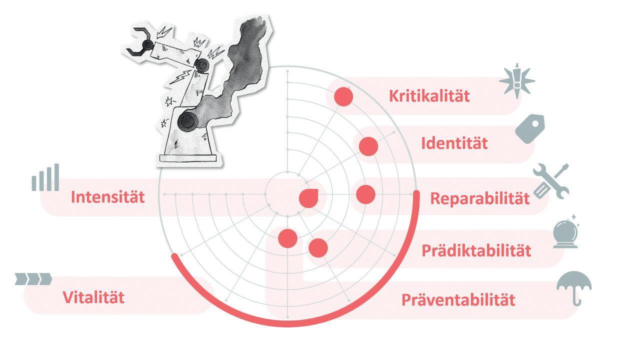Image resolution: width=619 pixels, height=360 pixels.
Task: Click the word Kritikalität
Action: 429,95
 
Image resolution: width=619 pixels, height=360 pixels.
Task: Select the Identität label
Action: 454,143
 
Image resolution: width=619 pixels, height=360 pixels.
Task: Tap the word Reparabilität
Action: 479,198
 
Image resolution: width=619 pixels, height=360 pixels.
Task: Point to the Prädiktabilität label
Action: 476,250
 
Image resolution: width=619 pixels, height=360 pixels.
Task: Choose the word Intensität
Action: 107,196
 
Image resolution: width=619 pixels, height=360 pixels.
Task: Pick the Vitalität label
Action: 93,297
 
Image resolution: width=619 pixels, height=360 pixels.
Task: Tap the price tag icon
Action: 530,128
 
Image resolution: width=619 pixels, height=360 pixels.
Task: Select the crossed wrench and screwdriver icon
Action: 550,180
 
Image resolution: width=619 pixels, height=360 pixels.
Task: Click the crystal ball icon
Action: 566,232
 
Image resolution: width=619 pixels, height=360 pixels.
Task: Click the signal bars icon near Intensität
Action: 45,178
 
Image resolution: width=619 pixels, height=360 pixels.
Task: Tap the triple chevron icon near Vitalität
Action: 33,278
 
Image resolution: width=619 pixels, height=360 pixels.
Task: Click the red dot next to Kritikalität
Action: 343,96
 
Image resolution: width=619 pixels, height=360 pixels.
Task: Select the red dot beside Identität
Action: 368,145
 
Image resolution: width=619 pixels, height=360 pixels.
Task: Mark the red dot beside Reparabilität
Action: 365,194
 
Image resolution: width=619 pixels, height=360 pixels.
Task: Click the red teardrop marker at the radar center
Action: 308,198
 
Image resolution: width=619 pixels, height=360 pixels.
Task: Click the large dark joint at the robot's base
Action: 188,120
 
